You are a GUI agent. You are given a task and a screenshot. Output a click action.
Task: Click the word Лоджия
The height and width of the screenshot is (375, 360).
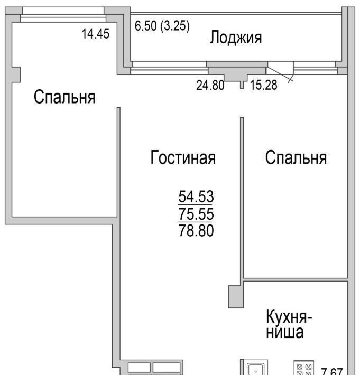click(236, 38)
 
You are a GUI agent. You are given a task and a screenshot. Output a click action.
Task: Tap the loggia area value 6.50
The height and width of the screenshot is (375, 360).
click(145, 25)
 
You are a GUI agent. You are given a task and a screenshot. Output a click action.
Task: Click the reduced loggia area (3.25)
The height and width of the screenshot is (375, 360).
click(175, 26)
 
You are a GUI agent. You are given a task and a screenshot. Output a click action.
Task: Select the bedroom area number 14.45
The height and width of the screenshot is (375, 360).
click(96, 33)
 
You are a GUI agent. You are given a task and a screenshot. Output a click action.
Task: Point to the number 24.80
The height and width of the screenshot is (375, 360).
click(210, 85)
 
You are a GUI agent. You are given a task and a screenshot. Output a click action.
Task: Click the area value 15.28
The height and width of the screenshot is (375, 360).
click(264, 85)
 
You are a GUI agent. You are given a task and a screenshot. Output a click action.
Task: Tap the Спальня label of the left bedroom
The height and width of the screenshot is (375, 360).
click(64, 97)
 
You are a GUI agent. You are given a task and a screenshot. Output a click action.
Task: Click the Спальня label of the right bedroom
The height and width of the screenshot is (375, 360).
click(296, 157)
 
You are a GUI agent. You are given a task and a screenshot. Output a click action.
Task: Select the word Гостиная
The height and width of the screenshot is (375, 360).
click(183, 157)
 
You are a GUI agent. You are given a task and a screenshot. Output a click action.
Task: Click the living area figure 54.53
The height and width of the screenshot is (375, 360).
click(196, 196)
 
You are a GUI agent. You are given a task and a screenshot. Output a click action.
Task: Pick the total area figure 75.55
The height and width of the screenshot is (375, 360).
click(196, 213)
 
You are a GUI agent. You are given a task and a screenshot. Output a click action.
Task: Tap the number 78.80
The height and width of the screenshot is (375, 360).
click(196, 231)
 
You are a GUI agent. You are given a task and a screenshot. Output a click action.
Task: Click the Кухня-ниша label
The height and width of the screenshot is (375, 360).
click(289, 324)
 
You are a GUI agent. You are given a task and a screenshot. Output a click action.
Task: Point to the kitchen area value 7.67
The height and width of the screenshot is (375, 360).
click(332, 371)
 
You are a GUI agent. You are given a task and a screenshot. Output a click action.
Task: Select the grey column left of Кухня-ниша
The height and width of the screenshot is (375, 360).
click(236, 296)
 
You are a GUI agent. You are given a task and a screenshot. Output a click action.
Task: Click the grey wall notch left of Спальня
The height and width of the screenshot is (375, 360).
click(16, 74)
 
